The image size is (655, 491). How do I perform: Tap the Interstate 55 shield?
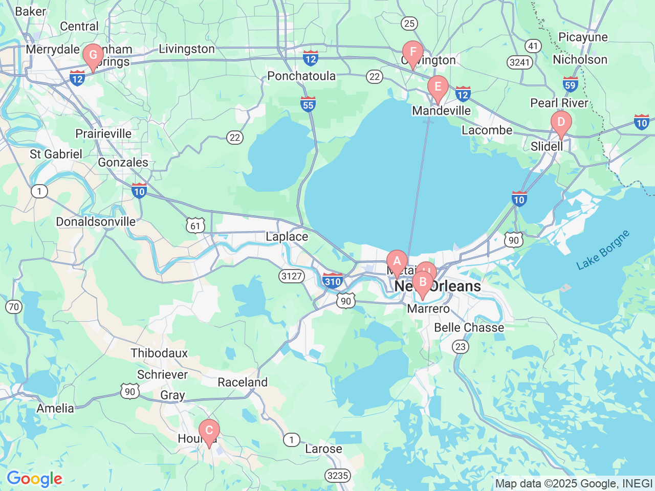click(308, 104)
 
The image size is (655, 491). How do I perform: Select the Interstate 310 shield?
click(333, 281)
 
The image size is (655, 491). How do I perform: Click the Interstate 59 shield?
click(570, 84)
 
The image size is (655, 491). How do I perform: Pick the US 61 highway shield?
click(195, 226)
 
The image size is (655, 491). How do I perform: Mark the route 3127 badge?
click(292, 276)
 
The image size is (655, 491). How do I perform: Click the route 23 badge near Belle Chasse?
click(461, 347)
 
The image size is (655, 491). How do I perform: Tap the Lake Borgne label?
click(603, 251)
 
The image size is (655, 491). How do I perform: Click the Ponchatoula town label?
click(301, 76)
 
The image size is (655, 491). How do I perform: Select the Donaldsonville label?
click(96, 222)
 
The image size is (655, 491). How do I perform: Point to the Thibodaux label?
click(159, 353)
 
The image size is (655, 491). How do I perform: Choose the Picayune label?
click(583, 37)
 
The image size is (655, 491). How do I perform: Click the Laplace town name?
click(287, 237)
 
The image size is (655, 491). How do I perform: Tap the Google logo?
click(34, 479)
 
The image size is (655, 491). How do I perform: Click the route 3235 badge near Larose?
click(338, 476)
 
